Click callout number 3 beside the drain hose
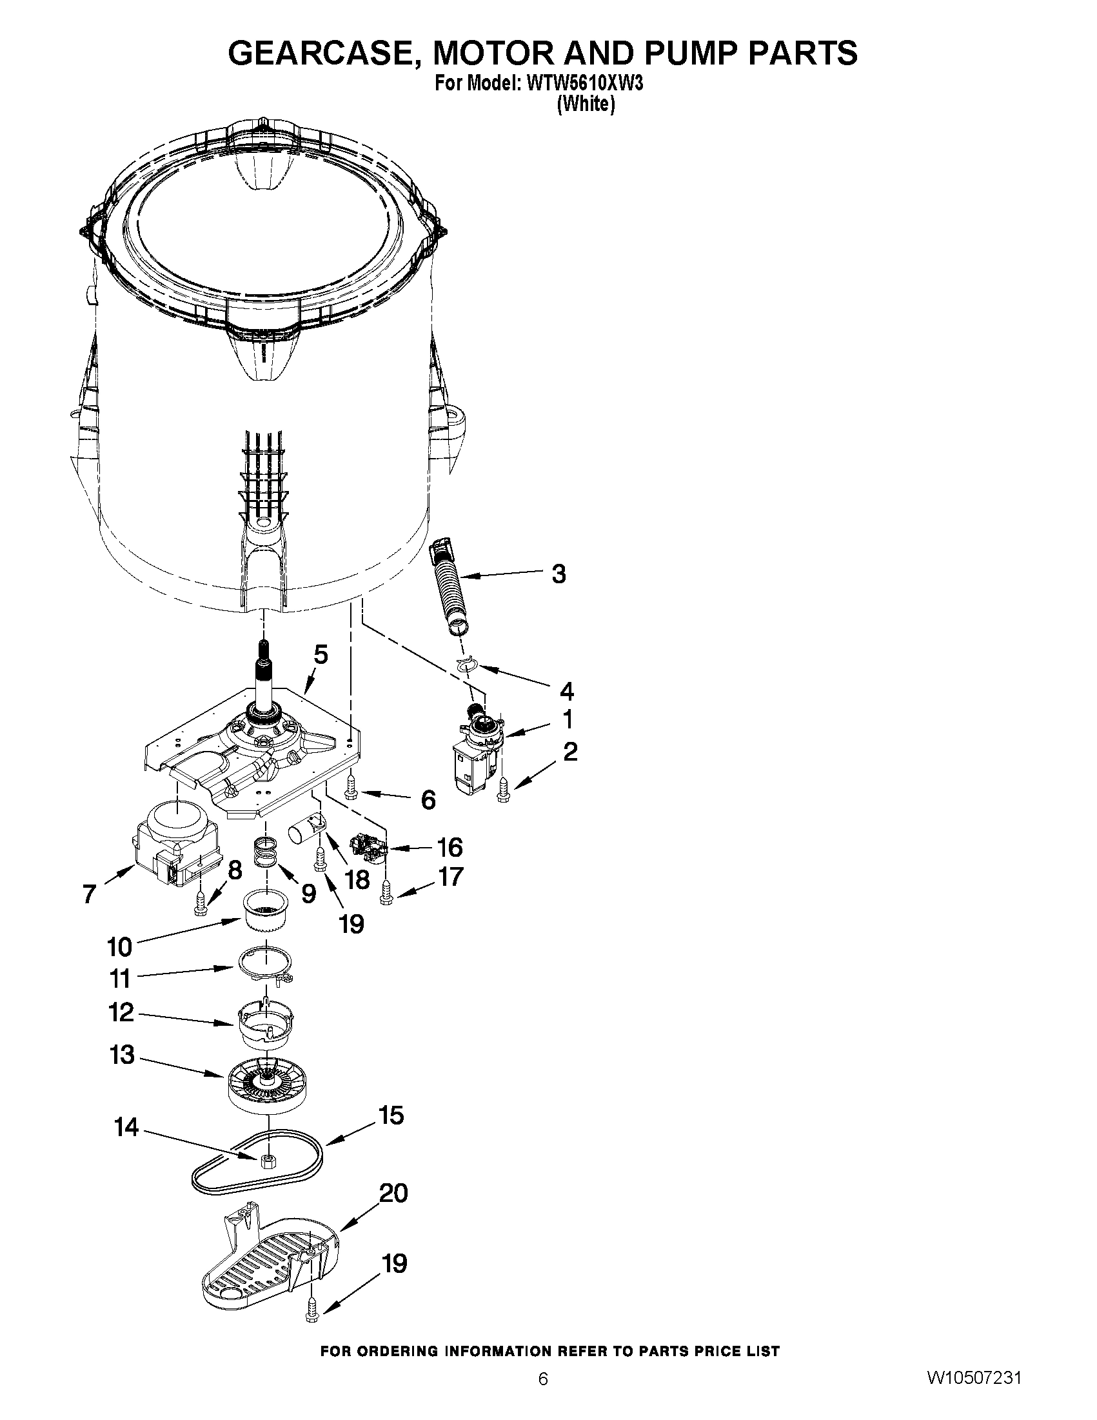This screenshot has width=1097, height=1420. pos(558,574)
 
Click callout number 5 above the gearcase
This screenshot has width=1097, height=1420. pos(321,654)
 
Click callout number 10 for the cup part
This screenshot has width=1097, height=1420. pos(119,946)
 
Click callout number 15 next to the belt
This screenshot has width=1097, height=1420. pos(391,1115)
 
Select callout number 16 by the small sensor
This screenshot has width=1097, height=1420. pos(450,847)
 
